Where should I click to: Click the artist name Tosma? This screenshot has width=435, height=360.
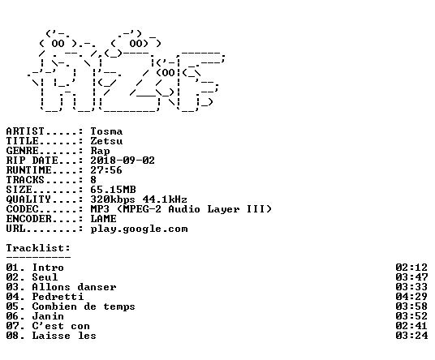click(x=106, y=131)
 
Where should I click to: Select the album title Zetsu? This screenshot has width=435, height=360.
click(x=106, y=141)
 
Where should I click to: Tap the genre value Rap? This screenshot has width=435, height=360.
click(x=100, y=151)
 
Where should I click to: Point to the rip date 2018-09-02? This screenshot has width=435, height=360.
click(x=123, y=161)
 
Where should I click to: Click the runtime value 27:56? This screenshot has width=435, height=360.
click(x=106, y=170)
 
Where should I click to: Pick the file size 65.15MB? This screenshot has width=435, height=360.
click(x=113, y=190)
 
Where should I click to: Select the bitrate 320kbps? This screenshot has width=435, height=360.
click(x=113, y=199)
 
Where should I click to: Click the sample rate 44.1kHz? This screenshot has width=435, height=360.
click(x=165, y=199)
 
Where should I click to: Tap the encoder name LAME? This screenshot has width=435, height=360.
click(x=103, y=219)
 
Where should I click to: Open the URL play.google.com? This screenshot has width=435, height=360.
click(x=139, y=229)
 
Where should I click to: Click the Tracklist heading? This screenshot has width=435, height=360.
click(x=38, y=248)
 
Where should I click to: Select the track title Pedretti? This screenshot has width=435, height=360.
click(x=58, y=297)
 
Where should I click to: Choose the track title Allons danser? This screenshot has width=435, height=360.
click(x=74, y=287)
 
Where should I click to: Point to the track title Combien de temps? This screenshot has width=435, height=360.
click(x=84, y=306)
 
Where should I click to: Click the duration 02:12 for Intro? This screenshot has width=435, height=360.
click(x=411, y=268)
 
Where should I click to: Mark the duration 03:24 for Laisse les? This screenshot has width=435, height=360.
click(x=411, y=336)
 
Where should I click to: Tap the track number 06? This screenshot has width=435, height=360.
click(x=12, y=316)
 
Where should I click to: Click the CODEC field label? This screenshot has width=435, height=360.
click(x=22, y=209)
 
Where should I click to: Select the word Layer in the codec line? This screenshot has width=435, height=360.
click(x=223, y=209)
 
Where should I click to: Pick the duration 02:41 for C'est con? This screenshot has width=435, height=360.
click(x=411, y=326)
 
